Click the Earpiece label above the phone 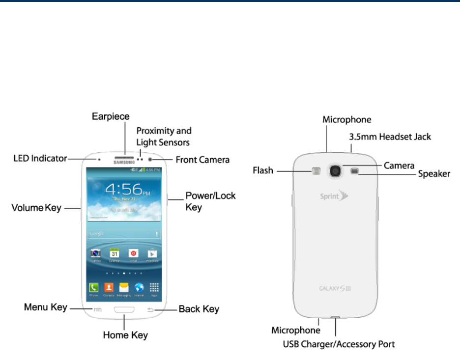coord(111,117)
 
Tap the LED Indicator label coord(40,158)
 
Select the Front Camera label coord(202,160)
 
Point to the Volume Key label coord(36,208)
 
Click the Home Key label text coord(125,335)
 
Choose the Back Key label coord(199,309)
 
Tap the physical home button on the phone coord(125,310)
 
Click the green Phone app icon coord(93,287)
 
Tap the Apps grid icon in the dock coord(154,287)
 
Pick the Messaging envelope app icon coord(124,287)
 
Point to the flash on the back coord(316,171)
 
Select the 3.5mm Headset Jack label coord(390,137)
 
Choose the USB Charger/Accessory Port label coord(339,344)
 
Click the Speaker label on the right coord(434,174)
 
